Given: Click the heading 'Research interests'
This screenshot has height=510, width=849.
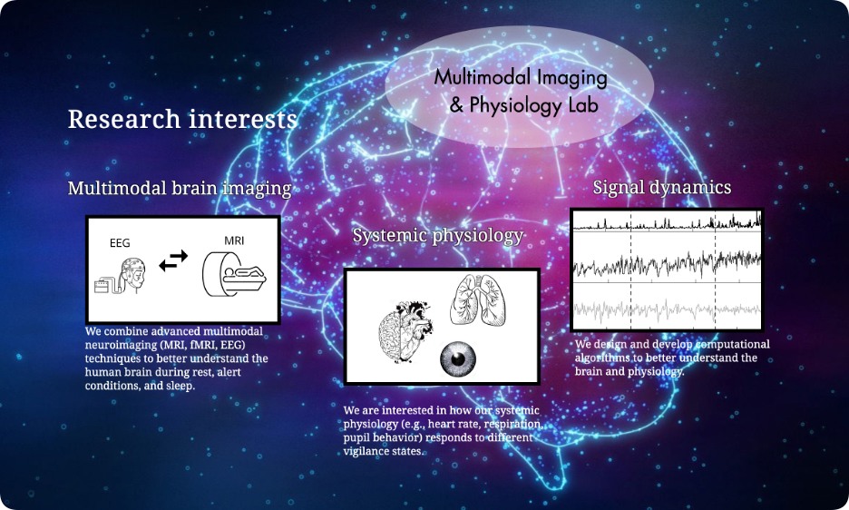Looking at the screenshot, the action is pyautogui.click(x=182, y=119).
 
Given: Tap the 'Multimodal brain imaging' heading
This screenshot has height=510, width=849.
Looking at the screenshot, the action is pyautogui.click(x=180, y=188).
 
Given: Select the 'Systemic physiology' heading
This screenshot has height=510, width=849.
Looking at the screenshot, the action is pyautogui.click(x=438, y=236).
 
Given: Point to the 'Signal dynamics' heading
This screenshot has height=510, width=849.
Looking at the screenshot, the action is pyautogui.click(x=661, y=188).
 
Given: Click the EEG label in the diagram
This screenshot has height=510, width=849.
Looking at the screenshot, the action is pyautogui.click(x=120, y=243).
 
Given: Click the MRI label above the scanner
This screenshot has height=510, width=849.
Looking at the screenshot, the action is pyautogui.click(x=234, y=240).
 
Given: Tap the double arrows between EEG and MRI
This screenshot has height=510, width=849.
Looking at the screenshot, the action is pyautogui.click(x=173, y=260).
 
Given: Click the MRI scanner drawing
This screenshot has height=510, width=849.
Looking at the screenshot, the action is pyautogui.click(x=234, y=274).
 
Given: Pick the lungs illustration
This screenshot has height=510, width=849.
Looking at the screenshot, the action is pyautogui.click(x=478, y=299).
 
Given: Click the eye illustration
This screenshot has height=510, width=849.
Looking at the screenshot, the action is pyautogui.click(x=457, y=358).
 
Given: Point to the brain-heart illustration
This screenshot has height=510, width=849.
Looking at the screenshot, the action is pyautogui.click(x=405, y=332).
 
